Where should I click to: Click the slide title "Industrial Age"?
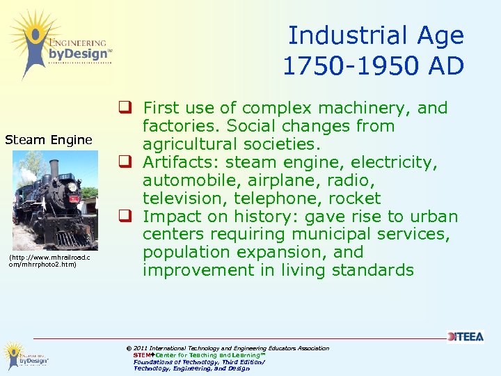(376, 36)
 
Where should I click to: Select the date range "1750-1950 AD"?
(373, 65)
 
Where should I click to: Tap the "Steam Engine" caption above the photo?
(49, 140)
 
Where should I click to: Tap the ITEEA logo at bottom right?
(465, 336)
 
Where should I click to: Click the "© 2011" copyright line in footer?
(227, 348)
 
